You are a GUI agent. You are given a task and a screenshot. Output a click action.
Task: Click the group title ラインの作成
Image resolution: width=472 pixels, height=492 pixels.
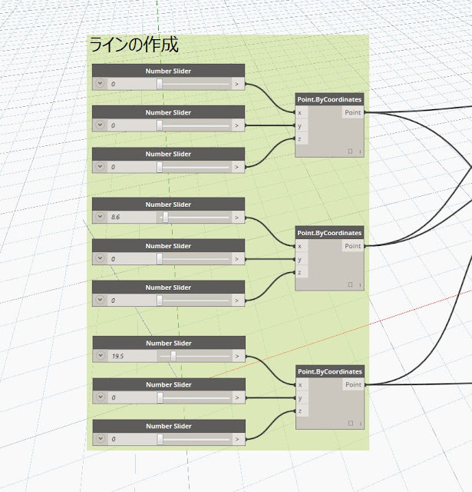point(134,45)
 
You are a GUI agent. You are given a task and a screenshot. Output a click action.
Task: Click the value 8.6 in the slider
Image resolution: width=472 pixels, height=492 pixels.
point(116,218)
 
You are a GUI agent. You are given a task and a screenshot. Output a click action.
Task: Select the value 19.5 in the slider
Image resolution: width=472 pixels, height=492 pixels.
point(117,356)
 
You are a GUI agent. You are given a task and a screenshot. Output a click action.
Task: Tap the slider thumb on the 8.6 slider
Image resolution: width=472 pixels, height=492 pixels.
point(165,218)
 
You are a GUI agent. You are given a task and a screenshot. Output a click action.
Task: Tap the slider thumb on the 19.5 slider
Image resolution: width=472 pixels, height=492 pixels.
point(173,356)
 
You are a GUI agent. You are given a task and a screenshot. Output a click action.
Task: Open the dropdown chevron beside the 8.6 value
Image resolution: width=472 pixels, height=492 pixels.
point(100,218)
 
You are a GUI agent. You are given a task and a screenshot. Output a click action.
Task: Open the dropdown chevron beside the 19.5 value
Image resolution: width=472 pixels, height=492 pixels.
point(100,356)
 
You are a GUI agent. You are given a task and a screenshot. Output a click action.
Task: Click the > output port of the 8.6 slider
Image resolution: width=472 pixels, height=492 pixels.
point(236,218)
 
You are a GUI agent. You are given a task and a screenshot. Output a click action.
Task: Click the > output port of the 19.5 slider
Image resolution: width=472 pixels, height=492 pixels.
point(236,356)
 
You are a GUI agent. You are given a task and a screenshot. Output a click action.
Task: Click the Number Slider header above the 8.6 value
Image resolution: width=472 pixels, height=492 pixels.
point(168,204)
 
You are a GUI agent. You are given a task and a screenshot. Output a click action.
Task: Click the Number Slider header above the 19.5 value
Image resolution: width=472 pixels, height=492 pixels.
point(168,343)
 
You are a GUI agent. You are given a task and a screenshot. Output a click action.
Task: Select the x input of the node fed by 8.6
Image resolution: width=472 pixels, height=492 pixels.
point(300,246)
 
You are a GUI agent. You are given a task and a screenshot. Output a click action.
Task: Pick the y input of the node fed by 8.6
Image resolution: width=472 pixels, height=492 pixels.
point(300,259)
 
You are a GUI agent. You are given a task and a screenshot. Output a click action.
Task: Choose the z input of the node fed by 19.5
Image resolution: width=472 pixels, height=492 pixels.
point(300,411)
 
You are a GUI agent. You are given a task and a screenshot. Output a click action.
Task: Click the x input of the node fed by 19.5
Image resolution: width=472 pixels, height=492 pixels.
point(300,384)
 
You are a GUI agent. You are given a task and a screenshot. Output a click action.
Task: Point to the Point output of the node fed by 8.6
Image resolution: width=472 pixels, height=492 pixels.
point(353,246)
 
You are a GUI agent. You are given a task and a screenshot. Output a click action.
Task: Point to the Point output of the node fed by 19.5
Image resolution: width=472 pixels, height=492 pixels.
point(353,384)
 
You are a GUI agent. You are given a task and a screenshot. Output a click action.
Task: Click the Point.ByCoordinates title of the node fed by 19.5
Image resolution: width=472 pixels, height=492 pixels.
point(329,371)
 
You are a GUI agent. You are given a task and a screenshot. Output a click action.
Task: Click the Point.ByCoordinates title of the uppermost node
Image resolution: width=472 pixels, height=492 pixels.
point(329,99)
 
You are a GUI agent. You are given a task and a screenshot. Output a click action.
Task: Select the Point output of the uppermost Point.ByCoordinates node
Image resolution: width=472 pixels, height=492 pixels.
point(353,112)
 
